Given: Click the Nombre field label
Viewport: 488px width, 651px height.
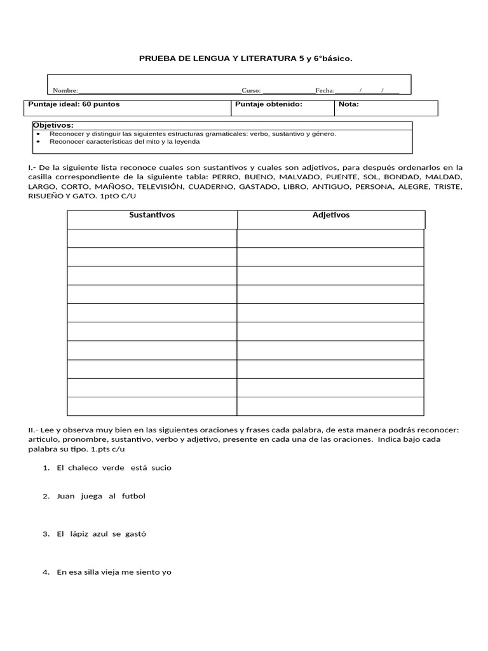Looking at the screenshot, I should point(65,91).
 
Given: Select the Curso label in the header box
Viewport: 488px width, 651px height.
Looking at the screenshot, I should point(251,91).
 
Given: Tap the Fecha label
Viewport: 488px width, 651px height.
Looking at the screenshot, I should point(325,91).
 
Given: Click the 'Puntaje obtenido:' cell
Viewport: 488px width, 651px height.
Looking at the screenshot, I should point(268,104).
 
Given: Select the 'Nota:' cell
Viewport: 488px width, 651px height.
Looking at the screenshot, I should point(349,104).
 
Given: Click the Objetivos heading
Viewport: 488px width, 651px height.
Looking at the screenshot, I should point(53,125).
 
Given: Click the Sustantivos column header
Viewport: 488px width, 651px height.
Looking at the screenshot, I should point(152,215).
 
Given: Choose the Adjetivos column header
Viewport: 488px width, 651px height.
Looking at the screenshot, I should point(330,215).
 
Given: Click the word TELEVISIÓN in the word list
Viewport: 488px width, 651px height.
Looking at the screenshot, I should point(153,187).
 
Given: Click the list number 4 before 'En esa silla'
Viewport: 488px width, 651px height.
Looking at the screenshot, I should point(46,572).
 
